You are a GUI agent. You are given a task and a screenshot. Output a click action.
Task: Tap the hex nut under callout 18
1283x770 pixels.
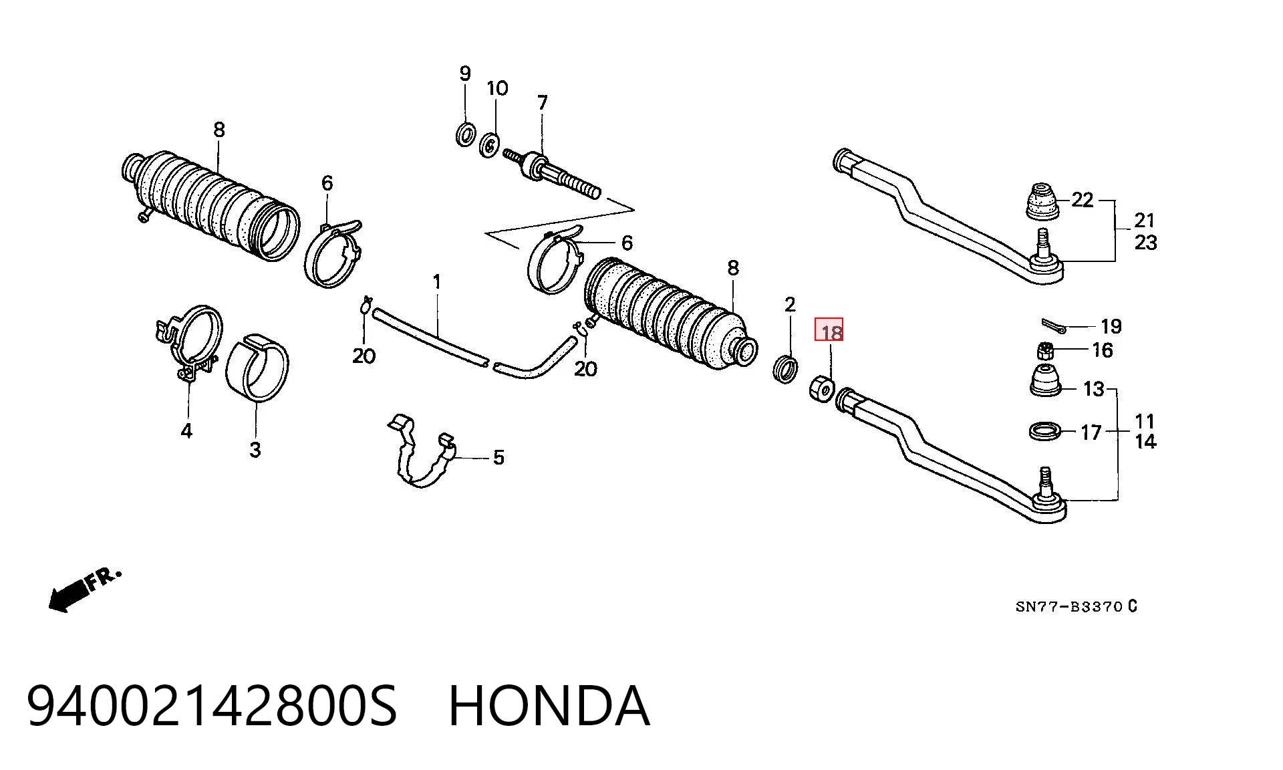(x=821, y=388)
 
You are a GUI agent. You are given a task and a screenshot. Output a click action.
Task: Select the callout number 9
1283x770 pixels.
(x=465, y=74)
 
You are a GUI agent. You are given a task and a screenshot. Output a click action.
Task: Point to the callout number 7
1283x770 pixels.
(x=542, y=103)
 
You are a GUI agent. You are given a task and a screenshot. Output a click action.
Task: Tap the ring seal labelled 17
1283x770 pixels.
(x=1046, y=431)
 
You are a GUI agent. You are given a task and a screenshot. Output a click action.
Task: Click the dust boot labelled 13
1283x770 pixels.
(x=1045, y=380)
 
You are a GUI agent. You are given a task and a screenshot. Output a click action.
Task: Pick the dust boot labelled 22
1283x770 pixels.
(x=1042, y=201)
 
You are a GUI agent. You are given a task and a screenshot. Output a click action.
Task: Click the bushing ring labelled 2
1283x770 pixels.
(x=785, y=370)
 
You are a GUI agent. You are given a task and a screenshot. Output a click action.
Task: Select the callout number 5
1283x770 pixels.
(x=498, y=458)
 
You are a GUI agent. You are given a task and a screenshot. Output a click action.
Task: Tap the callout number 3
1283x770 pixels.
(x=255, y=450)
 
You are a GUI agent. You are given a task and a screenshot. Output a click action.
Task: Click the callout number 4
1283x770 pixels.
(x=186, y=431)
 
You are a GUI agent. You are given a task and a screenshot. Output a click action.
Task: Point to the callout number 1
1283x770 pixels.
(x=437, y=282)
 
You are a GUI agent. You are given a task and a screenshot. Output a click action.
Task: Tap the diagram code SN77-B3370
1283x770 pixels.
(x=1068, y=607)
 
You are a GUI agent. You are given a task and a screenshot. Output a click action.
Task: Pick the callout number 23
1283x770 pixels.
(x=1145, y=242)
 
